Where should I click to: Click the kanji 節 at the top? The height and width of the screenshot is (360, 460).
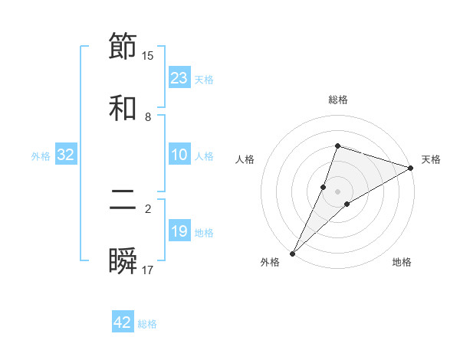[x=123, y=46]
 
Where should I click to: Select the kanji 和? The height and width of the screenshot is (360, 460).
[x=123, y=108]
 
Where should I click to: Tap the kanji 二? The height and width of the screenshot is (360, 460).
[x=123, y=200]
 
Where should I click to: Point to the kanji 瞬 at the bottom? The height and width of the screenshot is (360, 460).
[x=123, y=261]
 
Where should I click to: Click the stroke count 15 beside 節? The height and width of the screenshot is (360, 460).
[x=148, y=55]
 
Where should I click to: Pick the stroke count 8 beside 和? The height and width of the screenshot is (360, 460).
[x=148, y=117]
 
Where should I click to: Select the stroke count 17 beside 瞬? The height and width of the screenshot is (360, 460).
[x=148, y=270]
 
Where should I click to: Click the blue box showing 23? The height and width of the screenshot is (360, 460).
[x=179, y=78]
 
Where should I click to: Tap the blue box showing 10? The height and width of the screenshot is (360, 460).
[x=179, y=155]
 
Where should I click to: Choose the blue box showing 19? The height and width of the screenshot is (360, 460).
[x=179, y=231]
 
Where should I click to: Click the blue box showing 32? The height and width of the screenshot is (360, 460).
[x=66, y=155]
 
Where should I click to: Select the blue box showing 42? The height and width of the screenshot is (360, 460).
[x=123, y=322]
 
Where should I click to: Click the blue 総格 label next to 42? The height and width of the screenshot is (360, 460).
[x=147, y=324]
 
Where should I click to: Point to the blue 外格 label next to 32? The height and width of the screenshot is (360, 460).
[x=41, y=156]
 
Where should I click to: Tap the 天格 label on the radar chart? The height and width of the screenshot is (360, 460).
[x=431, y=159]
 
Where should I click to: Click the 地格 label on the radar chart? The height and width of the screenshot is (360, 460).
[x=402, y=262]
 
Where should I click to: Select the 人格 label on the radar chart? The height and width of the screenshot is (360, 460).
[x=245, y=159]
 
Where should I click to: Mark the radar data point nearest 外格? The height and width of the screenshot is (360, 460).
[x=292, y=253]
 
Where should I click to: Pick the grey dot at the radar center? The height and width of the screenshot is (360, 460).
[x=338, y=191]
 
